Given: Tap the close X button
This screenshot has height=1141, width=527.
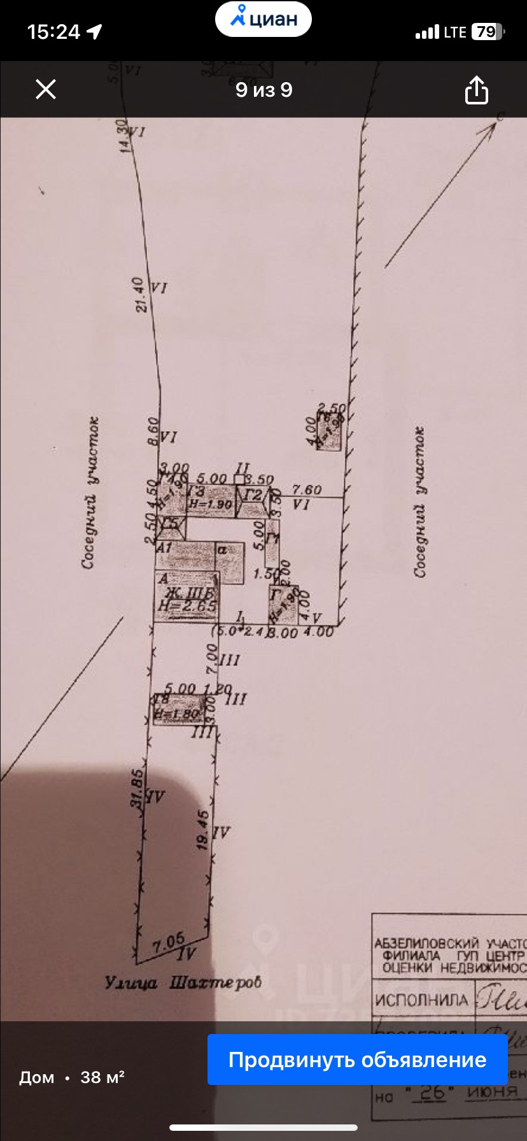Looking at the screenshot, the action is (x=46, y=89).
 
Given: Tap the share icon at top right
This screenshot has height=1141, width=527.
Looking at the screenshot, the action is (x=476, y=90).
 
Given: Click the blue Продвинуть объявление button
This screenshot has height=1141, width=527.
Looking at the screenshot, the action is (x=357, y=1059).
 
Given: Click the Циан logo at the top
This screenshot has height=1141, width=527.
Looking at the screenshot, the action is (x=263, y=19).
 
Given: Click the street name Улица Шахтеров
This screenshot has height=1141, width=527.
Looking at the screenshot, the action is (x=183, y=982).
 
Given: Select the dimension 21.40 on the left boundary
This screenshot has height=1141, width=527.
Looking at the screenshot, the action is (x=141, y=294).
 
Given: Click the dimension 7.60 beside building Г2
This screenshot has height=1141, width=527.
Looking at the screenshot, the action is (x=307, y=489).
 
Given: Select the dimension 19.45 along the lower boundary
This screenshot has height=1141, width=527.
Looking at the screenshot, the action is (x=203, y=830).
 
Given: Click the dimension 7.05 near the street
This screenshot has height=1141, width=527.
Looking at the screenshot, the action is (x=168, y=942).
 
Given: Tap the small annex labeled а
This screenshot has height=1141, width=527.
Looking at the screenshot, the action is (x=229, y=562).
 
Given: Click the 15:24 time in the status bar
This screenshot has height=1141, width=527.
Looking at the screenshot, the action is (x=53, y=32).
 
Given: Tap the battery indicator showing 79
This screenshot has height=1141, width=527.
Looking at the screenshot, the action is (x=487, y=32).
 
